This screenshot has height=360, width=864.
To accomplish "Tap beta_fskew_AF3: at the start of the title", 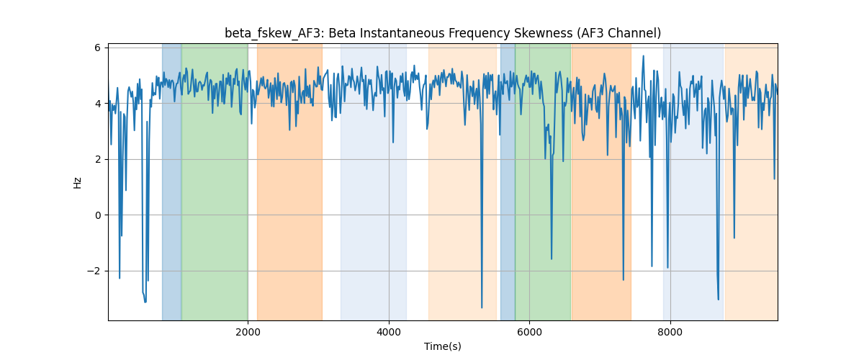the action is coord(275,33).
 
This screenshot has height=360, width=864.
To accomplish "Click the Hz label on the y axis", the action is coord(77,183).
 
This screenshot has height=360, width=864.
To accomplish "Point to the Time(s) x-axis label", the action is coord(442,346).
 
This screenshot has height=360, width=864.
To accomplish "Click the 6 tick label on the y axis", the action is coord(98,48).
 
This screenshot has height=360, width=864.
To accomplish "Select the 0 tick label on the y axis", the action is coord(98,215).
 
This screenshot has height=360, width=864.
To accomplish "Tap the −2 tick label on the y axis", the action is coord(94,271).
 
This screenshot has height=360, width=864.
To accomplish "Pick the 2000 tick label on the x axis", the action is coord(248,332).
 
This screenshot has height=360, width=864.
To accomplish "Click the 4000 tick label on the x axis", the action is coord(389,332).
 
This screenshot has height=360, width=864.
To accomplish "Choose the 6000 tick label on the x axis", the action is coord(530,332).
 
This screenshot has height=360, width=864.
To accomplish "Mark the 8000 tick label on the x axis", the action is coord(670,332).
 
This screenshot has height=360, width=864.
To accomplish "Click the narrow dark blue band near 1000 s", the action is coord(171,181).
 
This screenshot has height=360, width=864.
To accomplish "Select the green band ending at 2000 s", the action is coord(215,181).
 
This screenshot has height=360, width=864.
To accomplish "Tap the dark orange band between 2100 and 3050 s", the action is coord(289,181).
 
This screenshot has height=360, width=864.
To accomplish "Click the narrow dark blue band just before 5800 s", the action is coord(508,181).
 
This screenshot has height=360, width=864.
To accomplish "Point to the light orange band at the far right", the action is coord(751,181).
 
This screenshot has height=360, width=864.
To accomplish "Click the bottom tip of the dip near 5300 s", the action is coord(482,307).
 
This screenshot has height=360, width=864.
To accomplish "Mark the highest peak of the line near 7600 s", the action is coord(643,56).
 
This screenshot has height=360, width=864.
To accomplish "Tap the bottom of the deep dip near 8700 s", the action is coord(719,300).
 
